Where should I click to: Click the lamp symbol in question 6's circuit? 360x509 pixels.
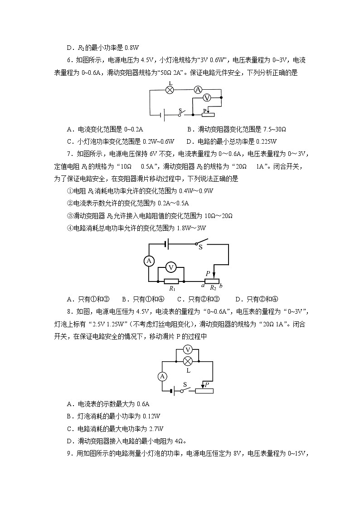pyautogui.click(x=170, y=90)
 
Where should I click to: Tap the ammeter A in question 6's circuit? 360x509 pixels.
pyautogui.click(x=198, y=90)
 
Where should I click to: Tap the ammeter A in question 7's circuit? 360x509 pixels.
pyautogui.click(x=149, y=261)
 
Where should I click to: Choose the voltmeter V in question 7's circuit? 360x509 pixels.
pyautogui.click(x=171, y=268)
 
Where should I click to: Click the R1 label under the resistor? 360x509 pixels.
pyautogui.click(x=172, y=288)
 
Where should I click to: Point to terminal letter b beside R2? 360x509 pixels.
pyautogui.click(x=221, y=286)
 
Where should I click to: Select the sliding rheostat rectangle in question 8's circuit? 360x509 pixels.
pyautogui.click(x=204, y=391)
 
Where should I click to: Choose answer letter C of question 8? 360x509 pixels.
pyautogui.click(x=69, y=428)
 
